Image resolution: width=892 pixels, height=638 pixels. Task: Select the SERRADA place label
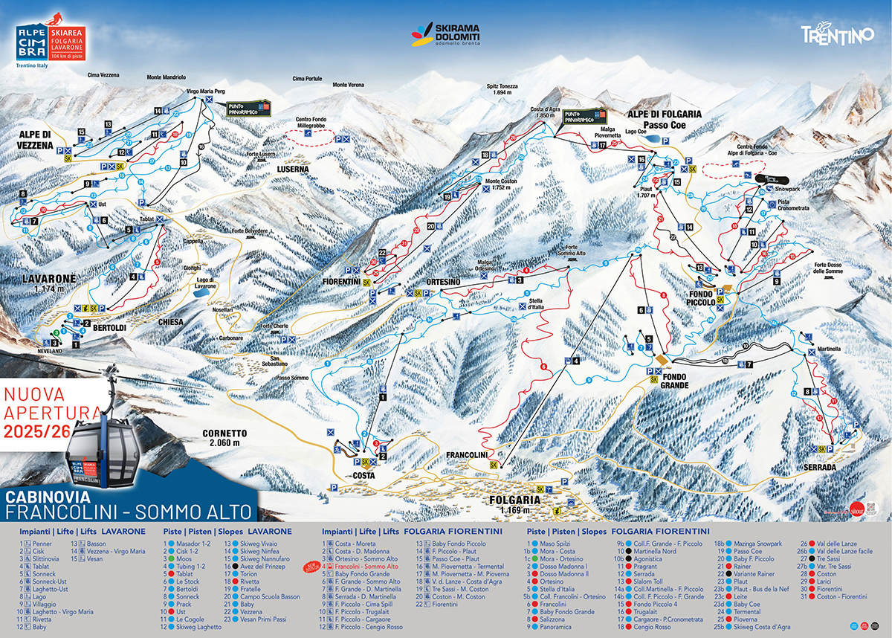pyautogui.click(x=820, y=466)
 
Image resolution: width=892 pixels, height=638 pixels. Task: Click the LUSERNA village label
pyautogui.click(x=293, y=169)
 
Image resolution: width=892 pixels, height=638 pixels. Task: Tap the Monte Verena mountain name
pyautogui.click(x=348, y=85)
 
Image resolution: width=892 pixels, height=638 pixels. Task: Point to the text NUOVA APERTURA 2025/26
pyautogui.click(x=50, y=410)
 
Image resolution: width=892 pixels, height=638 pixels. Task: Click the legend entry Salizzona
pyautogui.click(x=549, y=619)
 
